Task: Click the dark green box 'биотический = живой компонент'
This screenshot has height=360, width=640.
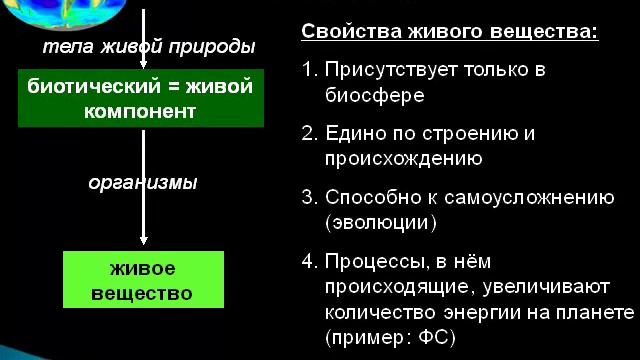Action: point(141,99)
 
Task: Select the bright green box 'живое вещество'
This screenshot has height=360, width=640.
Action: point(141,281)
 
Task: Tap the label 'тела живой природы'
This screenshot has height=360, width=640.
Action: point(149,48)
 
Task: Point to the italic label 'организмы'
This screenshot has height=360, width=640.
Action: point(142,183)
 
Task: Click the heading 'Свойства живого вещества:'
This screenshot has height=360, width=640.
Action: point(450,31)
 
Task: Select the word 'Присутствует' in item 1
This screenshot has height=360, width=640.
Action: point(384,71)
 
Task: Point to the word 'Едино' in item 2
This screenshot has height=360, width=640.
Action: point(351,134)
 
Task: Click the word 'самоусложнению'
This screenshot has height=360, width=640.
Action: point(529,196)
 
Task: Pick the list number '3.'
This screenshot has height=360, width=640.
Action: point(309,197)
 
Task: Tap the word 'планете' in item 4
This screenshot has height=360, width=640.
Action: point(596,313)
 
